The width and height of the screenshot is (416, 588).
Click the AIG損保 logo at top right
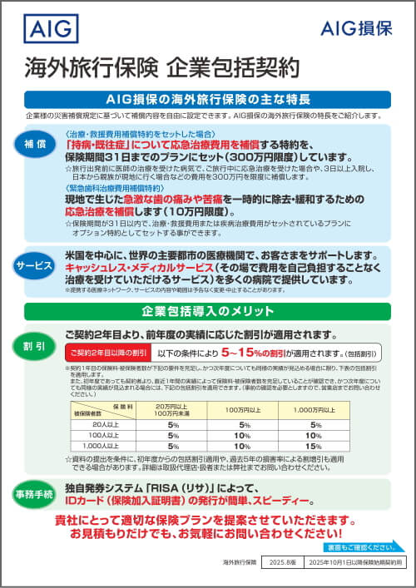(357, 28)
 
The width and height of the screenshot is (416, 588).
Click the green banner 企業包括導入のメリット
(208, 312)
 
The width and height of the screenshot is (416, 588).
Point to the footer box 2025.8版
(277, 563)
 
